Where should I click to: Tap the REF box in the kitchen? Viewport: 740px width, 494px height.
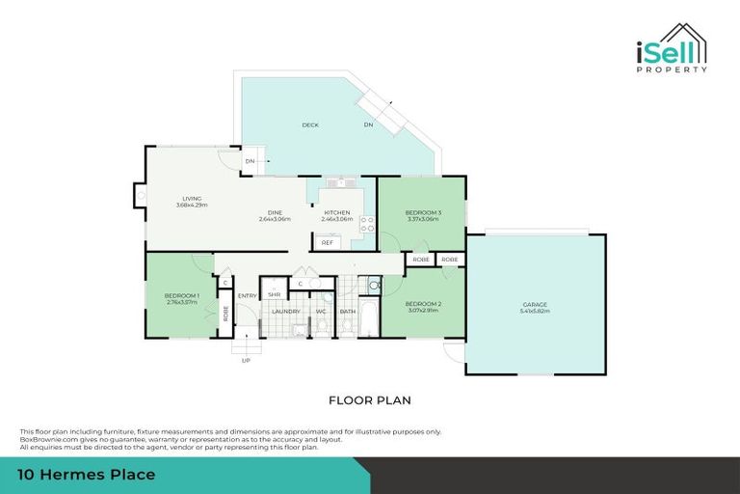pos(327,242)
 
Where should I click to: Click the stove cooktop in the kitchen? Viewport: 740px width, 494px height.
pos(367,224)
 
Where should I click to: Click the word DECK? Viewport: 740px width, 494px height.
pos(309,124)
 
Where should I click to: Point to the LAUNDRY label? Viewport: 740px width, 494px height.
pos(286,312)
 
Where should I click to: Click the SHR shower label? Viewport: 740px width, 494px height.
pos(274,293)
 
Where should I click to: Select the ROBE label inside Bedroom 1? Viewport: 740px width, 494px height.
pos(225,313)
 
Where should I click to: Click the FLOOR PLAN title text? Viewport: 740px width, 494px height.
pos(370,398)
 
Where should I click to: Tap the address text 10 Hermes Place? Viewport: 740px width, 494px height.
pos(87,475)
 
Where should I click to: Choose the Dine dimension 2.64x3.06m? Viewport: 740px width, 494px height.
pos(275,219)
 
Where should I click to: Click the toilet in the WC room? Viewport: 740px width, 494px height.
pos(321,327)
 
